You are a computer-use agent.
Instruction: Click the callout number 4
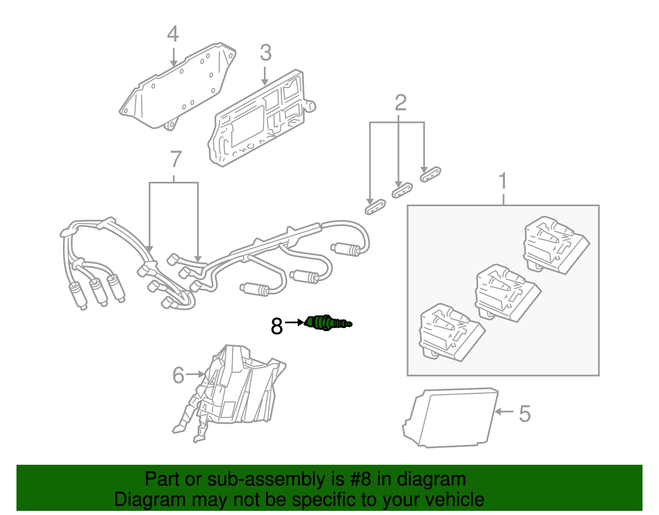click(173, 35)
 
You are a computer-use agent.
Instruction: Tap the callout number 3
click(266, 53)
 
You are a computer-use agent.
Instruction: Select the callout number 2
click(400, 103)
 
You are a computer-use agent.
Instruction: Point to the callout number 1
click(503, 181)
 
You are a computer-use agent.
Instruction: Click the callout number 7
click(175, 160)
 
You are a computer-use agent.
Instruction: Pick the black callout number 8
click(276, 326)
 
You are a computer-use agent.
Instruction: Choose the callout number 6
click(178, 375)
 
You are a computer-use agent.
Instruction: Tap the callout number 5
click(524, 414)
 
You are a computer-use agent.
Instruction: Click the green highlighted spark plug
click(327, 322)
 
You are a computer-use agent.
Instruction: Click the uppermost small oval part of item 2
click(430, 174)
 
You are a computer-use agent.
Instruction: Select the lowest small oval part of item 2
click(375, 207)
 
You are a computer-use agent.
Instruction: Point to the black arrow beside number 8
click(294, 322)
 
